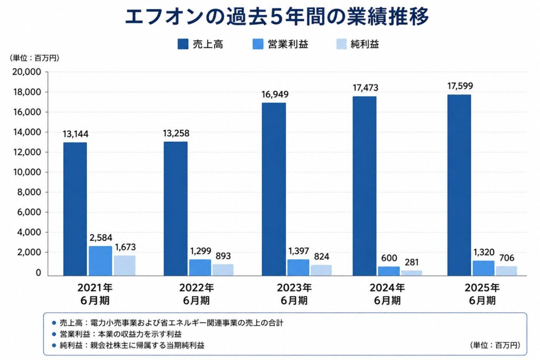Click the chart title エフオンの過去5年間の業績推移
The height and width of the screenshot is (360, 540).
coord(276,16)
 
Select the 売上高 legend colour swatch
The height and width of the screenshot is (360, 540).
coord(183,44)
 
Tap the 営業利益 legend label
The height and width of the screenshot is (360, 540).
coord(288,44)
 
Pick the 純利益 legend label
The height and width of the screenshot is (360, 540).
coord(365,44)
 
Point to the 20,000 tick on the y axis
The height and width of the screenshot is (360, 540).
coord(26,72)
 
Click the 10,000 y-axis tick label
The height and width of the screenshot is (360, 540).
coord(27,172)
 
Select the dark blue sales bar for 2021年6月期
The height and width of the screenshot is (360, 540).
coord(75,209)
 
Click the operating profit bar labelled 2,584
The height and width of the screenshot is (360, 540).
coord(101,261)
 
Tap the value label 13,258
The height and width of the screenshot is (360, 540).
coord(176,133)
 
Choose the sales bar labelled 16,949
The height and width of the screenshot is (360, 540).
coord(274,189)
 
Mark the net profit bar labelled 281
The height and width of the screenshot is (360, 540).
coord(411,273)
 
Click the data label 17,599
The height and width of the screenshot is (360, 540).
coord(460,86)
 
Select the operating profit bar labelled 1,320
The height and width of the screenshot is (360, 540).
coord(483,268)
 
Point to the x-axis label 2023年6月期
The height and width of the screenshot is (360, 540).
coord(294,294)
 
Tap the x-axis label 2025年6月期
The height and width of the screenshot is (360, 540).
coord(482,294)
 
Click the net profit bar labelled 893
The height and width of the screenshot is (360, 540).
coord(223,270)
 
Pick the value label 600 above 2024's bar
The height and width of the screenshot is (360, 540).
coord(389,258)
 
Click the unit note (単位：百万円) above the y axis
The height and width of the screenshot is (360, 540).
coord(34,58)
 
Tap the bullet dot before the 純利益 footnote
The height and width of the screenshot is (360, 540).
coord(53,345)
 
